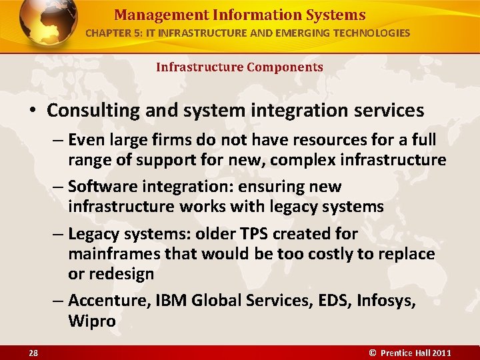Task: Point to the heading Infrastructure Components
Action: tap(239, 67)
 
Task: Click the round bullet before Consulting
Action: tap(34, 110)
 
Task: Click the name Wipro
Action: tap(92, 321)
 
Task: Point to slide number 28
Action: tap(34, 353)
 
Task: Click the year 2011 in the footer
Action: tap(441, 353)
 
